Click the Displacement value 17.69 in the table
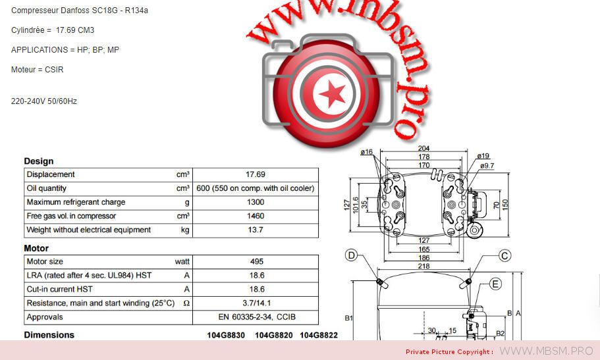[256, 174]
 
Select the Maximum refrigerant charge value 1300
[256, 202]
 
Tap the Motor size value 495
[256, 262]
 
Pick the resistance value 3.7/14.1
[256, 303]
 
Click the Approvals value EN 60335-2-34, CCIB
[257, 317]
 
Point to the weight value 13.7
[256, 230]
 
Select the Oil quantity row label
[46, 188]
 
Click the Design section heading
[39, 161]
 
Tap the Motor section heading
[36, 248]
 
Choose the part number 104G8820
[273, 335]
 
